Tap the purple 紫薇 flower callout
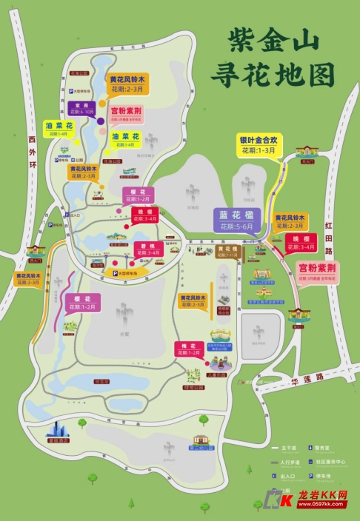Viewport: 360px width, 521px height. (81, 108)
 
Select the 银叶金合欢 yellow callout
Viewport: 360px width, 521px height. (257, 144)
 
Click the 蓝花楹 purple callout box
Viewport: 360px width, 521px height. (236, 220)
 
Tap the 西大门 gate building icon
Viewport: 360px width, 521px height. (35, 252)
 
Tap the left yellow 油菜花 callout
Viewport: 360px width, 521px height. (58, 129)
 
